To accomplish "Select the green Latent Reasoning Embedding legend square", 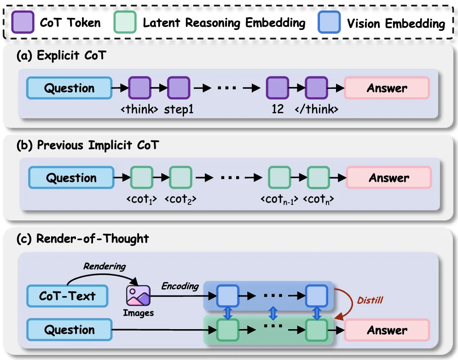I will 125,22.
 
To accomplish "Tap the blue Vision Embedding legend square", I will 329,22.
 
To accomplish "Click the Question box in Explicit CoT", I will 69,88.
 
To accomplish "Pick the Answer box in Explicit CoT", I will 387,88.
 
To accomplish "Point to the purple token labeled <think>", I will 139,88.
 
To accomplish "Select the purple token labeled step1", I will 178,88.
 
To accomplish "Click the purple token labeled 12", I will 278,88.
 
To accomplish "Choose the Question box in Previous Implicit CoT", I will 71,178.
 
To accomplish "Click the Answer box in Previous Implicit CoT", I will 388,178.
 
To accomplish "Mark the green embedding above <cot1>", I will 142,178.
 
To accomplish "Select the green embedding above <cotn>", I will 319,178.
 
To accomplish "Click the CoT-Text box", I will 67,296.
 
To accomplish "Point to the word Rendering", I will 104,267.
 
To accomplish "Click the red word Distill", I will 370,300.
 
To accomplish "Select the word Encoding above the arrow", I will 180,286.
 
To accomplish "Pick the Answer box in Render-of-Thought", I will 387,330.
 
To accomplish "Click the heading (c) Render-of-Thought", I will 83,238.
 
